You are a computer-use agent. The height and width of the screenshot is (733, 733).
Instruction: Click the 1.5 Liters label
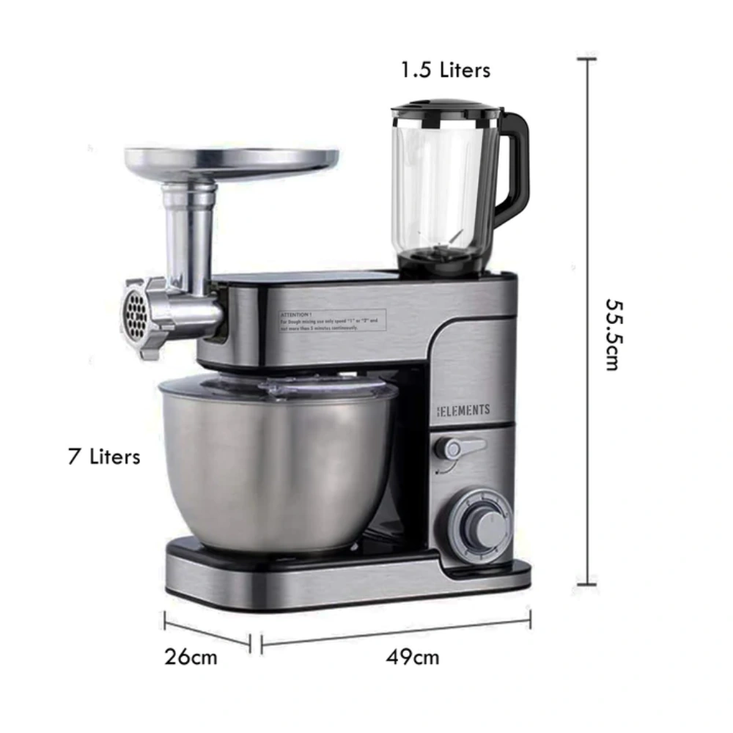pos(445,70)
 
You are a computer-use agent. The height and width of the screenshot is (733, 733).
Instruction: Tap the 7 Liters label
pos(103,457)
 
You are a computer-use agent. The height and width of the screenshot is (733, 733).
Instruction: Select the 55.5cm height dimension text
pos(612,334)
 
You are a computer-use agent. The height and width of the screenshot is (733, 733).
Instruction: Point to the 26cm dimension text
pos(191,656)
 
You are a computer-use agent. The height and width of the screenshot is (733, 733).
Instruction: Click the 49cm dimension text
pos(413,657)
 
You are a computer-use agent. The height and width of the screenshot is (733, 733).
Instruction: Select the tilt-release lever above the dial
pos(457,447)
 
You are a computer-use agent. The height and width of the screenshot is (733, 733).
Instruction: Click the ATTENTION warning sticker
pos(331,320)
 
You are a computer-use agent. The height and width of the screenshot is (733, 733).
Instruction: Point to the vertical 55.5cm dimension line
pos(586,323)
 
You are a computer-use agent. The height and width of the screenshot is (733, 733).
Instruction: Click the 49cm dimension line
pos(396,632)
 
